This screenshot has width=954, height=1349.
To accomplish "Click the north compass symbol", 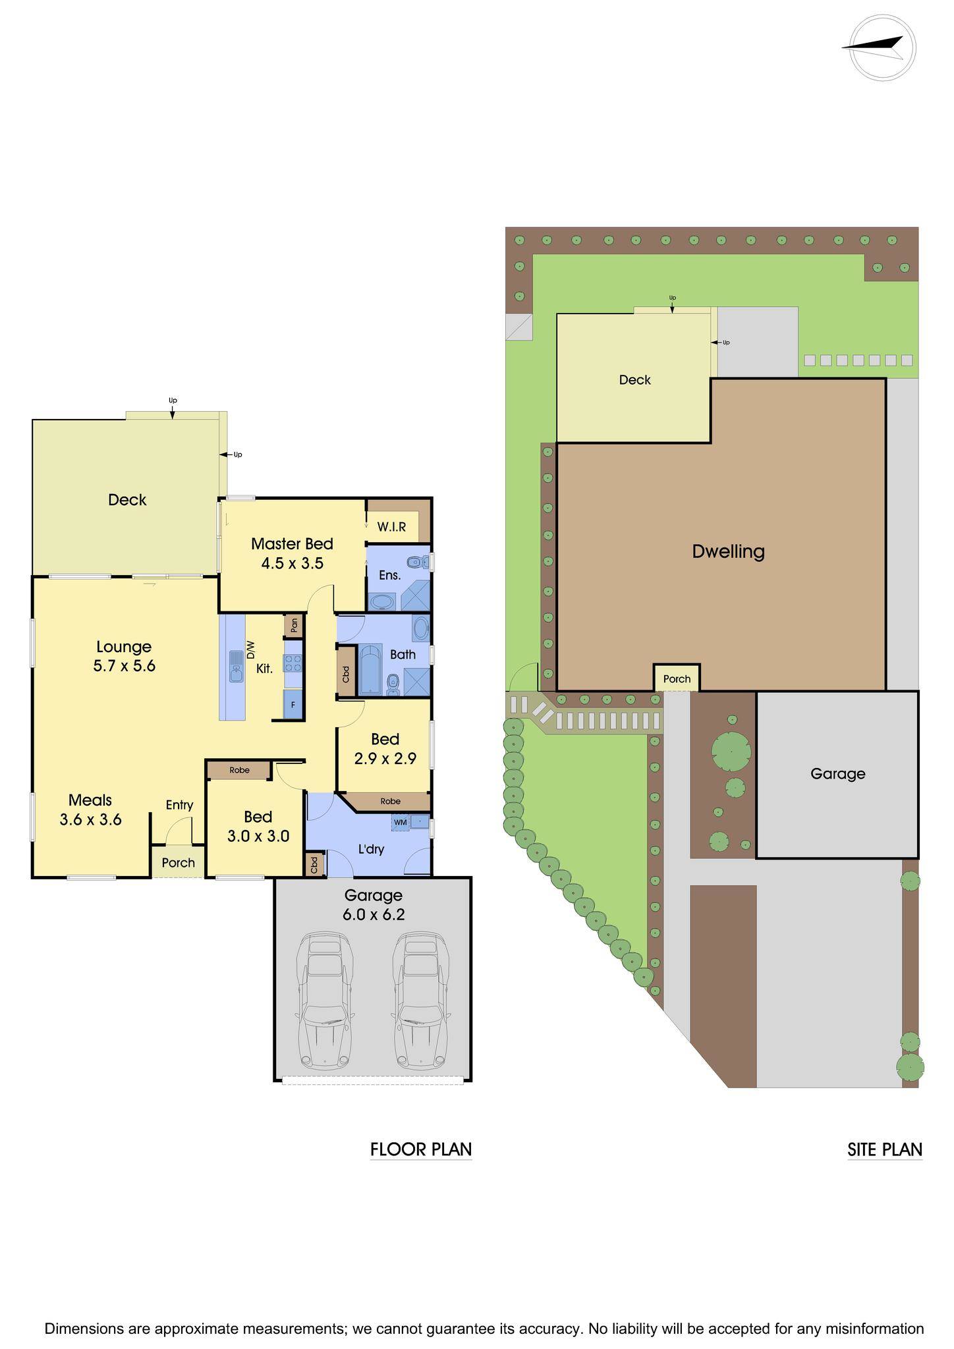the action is click(x=882, y=49).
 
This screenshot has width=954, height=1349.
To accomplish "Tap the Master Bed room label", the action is click(x=292, y=544).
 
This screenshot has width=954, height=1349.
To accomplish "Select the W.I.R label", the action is click(x=391, y=527).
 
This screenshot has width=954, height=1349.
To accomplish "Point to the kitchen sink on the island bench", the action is click(x=236, y=666).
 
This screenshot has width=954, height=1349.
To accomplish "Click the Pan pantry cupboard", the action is click(x=294, y=624).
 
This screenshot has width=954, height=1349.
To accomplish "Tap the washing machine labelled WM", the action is click(x=400, y=822).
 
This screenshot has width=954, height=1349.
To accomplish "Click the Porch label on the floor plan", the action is click(x=178, y=863).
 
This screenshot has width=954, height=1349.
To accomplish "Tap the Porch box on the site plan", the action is click(x=677, y=678).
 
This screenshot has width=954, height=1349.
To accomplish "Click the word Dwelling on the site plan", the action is click(x=728, y=551).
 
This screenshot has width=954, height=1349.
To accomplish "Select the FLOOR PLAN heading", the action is click(x=421, y=1149).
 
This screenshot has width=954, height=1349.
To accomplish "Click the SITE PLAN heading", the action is click(x=884, y=1149).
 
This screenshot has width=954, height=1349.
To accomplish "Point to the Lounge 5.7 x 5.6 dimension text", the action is click(x=124, y=656).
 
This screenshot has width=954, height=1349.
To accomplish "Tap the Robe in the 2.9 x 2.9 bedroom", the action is click(x=390, y=802).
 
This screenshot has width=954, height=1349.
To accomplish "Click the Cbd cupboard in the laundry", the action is click(x=315, y=864).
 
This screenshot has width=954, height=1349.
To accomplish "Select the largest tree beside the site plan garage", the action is click(x=731, y=750).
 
